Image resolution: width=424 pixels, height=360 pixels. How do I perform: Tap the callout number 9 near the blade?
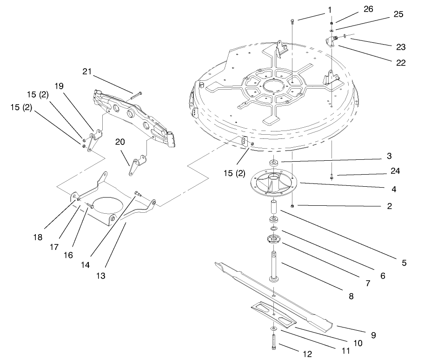(373, 334)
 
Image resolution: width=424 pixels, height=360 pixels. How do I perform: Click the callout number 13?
(101, 275)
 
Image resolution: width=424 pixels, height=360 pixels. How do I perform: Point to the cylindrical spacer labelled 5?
(273, 205)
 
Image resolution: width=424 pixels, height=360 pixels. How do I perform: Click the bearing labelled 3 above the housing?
(273, 163)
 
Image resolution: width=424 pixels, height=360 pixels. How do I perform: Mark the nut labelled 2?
(292, 205)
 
